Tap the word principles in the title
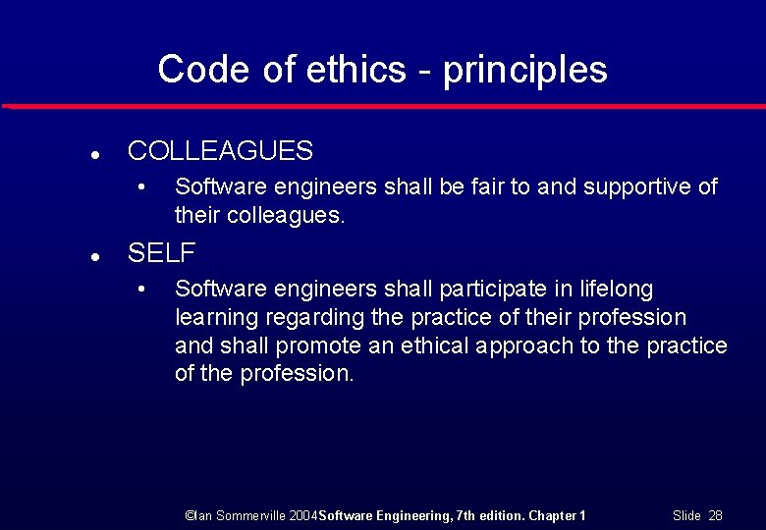tap(524, 71)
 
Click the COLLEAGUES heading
tap(220, 151)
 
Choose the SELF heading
tap(161, 253)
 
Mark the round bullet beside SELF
tap(91, 255)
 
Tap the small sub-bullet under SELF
tap(142, 290)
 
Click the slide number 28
tap(715, 515)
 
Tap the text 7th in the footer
tap(468, 515)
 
